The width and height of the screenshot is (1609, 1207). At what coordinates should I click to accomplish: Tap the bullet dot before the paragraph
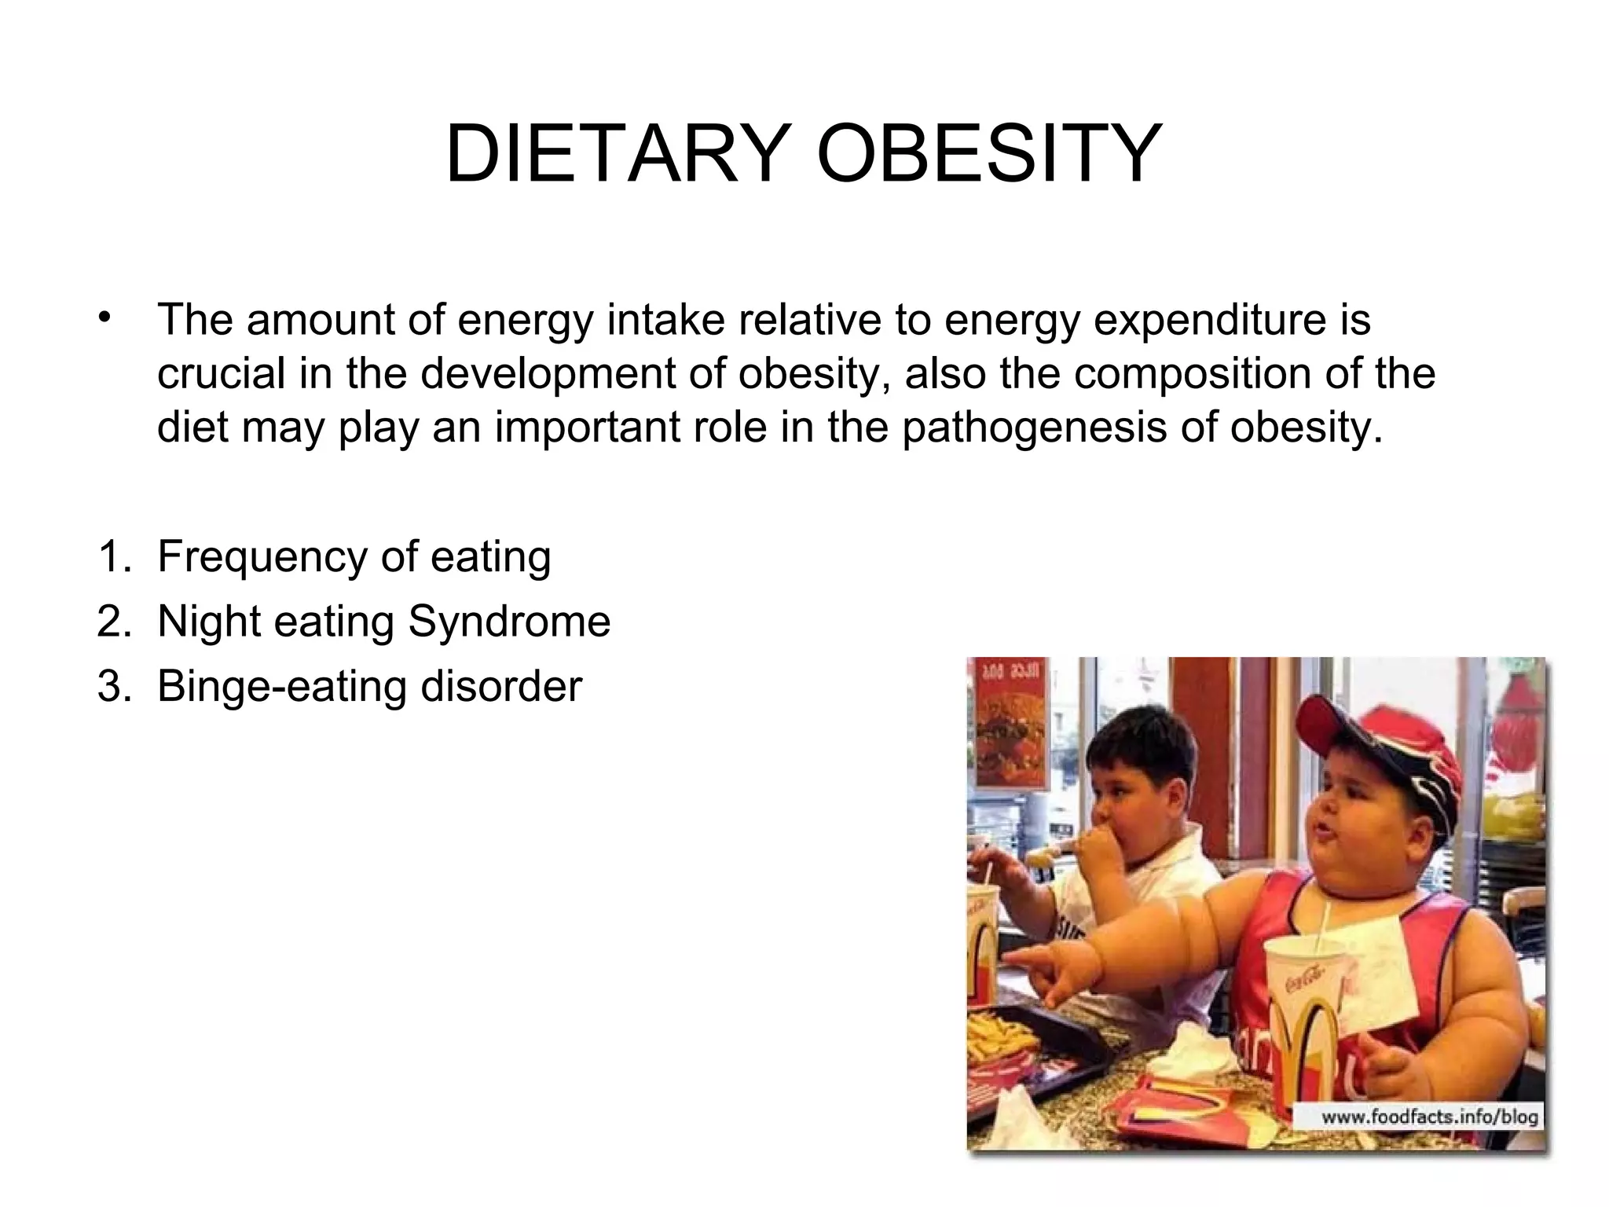[102, 318]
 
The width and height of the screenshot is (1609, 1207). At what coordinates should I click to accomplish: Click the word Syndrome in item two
[509, 622]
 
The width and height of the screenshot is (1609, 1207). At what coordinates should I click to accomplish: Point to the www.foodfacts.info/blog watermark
[1428, 1117]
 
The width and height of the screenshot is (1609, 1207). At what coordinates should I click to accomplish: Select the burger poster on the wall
[1011, 723]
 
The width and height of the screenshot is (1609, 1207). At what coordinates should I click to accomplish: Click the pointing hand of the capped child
[1045, 974]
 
